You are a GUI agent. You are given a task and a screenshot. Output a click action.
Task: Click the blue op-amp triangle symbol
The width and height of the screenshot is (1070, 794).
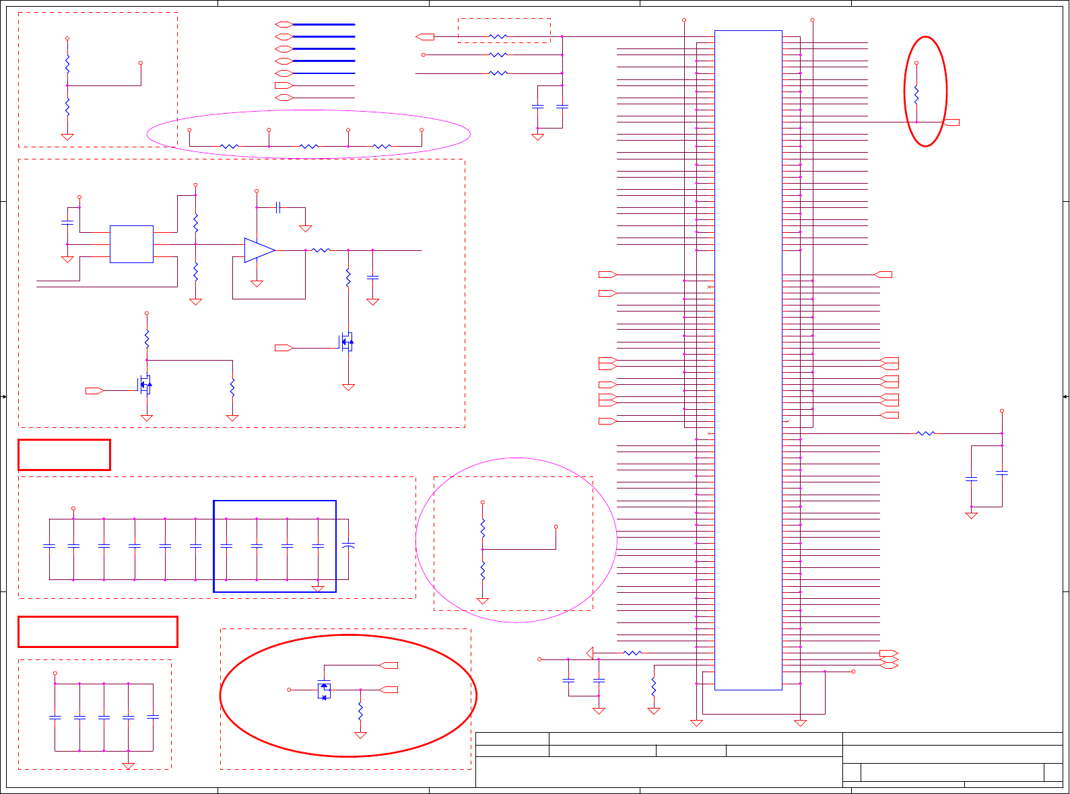[259, 250]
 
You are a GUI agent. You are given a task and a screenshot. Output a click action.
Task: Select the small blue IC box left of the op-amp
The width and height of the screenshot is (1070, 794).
[131, 244]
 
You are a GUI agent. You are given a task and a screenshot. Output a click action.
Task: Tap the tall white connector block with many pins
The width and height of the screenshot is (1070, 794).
[747, 360]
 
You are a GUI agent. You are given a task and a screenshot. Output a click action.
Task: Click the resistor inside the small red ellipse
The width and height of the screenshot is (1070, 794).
[916, 94]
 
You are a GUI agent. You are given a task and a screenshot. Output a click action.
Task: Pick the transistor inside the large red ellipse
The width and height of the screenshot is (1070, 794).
[324, 690]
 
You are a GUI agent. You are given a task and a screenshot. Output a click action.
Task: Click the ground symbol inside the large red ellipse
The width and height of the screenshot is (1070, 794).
[360, 735]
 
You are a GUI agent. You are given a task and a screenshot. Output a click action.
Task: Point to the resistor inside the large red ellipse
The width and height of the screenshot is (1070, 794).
[360, 711]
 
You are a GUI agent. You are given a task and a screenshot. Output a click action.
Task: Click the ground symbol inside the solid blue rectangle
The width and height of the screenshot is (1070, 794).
[318, 589]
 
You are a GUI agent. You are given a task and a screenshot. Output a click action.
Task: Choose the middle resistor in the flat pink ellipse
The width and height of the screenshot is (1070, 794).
[308, 146]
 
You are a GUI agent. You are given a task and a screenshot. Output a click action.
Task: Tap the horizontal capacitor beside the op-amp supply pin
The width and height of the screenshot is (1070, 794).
[277, 207]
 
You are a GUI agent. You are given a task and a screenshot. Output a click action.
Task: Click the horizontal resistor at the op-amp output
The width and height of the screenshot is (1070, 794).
[321, 250]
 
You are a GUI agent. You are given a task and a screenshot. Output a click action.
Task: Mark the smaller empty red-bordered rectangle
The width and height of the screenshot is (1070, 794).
[64, 455]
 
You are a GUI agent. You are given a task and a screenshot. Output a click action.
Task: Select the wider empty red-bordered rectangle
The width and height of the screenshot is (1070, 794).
[98, 632]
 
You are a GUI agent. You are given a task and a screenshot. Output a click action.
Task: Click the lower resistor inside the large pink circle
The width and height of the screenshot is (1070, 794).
[483, 571]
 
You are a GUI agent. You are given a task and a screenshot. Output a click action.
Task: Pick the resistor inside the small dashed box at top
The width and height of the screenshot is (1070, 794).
[498, 36]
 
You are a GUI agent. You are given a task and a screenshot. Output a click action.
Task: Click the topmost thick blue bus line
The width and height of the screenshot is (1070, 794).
[323, 24]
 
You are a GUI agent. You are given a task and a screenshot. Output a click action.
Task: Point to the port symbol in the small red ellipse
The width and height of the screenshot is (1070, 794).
[952, 122]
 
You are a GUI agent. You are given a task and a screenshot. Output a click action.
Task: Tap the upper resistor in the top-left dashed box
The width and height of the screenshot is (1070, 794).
[67, 65]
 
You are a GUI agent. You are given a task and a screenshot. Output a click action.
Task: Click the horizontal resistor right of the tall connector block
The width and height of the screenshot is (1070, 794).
[926, 433]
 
